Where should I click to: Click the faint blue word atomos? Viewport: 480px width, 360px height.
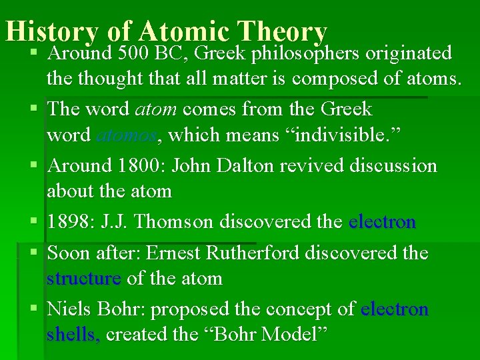tap(127, 136)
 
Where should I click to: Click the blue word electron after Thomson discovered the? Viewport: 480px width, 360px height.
tap(382, 222)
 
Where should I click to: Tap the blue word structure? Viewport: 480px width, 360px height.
tap(83, 278)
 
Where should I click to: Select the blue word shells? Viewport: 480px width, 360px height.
tap(73, 334)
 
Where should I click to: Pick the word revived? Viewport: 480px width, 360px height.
tap(307, 165)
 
